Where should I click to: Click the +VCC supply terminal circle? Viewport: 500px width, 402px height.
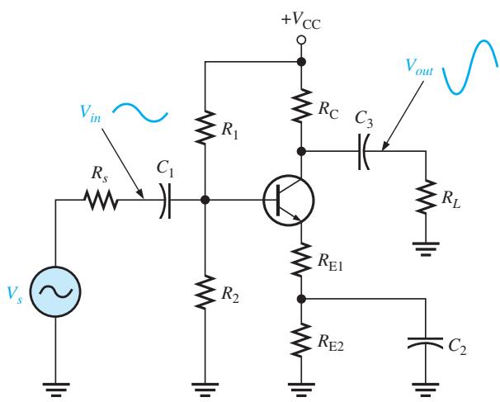(301, 40)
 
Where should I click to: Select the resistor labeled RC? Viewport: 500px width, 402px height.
(301, 106)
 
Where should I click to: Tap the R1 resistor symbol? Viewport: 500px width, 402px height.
(205, 127)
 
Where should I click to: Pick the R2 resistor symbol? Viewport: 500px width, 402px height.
(205, 291)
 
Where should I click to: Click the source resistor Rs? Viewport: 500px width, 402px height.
(101, 200)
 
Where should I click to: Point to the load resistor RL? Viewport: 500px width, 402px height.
(426, 196)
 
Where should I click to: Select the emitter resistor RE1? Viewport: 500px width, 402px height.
(301, 259)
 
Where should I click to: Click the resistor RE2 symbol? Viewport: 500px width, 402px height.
(301, 340)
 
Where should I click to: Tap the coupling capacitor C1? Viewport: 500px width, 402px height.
(165, 201)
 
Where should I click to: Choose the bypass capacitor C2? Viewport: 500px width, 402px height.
(426, 343)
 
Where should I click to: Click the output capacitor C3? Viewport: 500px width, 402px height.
(364, 152)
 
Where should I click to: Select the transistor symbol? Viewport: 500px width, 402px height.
(289, 200)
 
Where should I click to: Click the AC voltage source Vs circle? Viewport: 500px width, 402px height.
(55, 291)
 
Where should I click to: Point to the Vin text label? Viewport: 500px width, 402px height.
(91, 114)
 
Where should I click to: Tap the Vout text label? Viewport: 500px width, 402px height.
(419, 68)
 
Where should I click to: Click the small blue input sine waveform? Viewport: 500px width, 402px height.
(140, 112)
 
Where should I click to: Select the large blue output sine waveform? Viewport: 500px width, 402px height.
(470, 67)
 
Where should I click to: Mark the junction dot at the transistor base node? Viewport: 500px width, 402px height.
(205, 200)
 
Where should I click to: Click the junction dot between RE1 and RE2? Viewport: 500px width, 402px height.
(301, 299)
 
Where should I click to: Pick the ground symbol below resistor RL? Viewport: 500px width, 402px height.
(426, 248)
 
